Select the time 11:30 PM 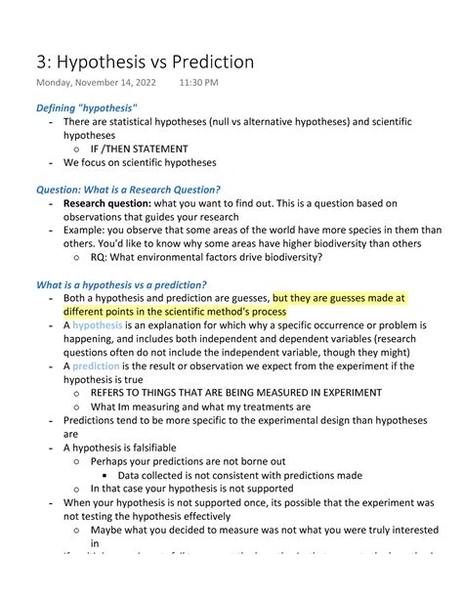tap(199, 85)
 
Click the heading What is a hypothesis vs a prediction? tap(121, 284)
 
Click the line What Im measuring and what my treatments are tap(201, 406)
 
